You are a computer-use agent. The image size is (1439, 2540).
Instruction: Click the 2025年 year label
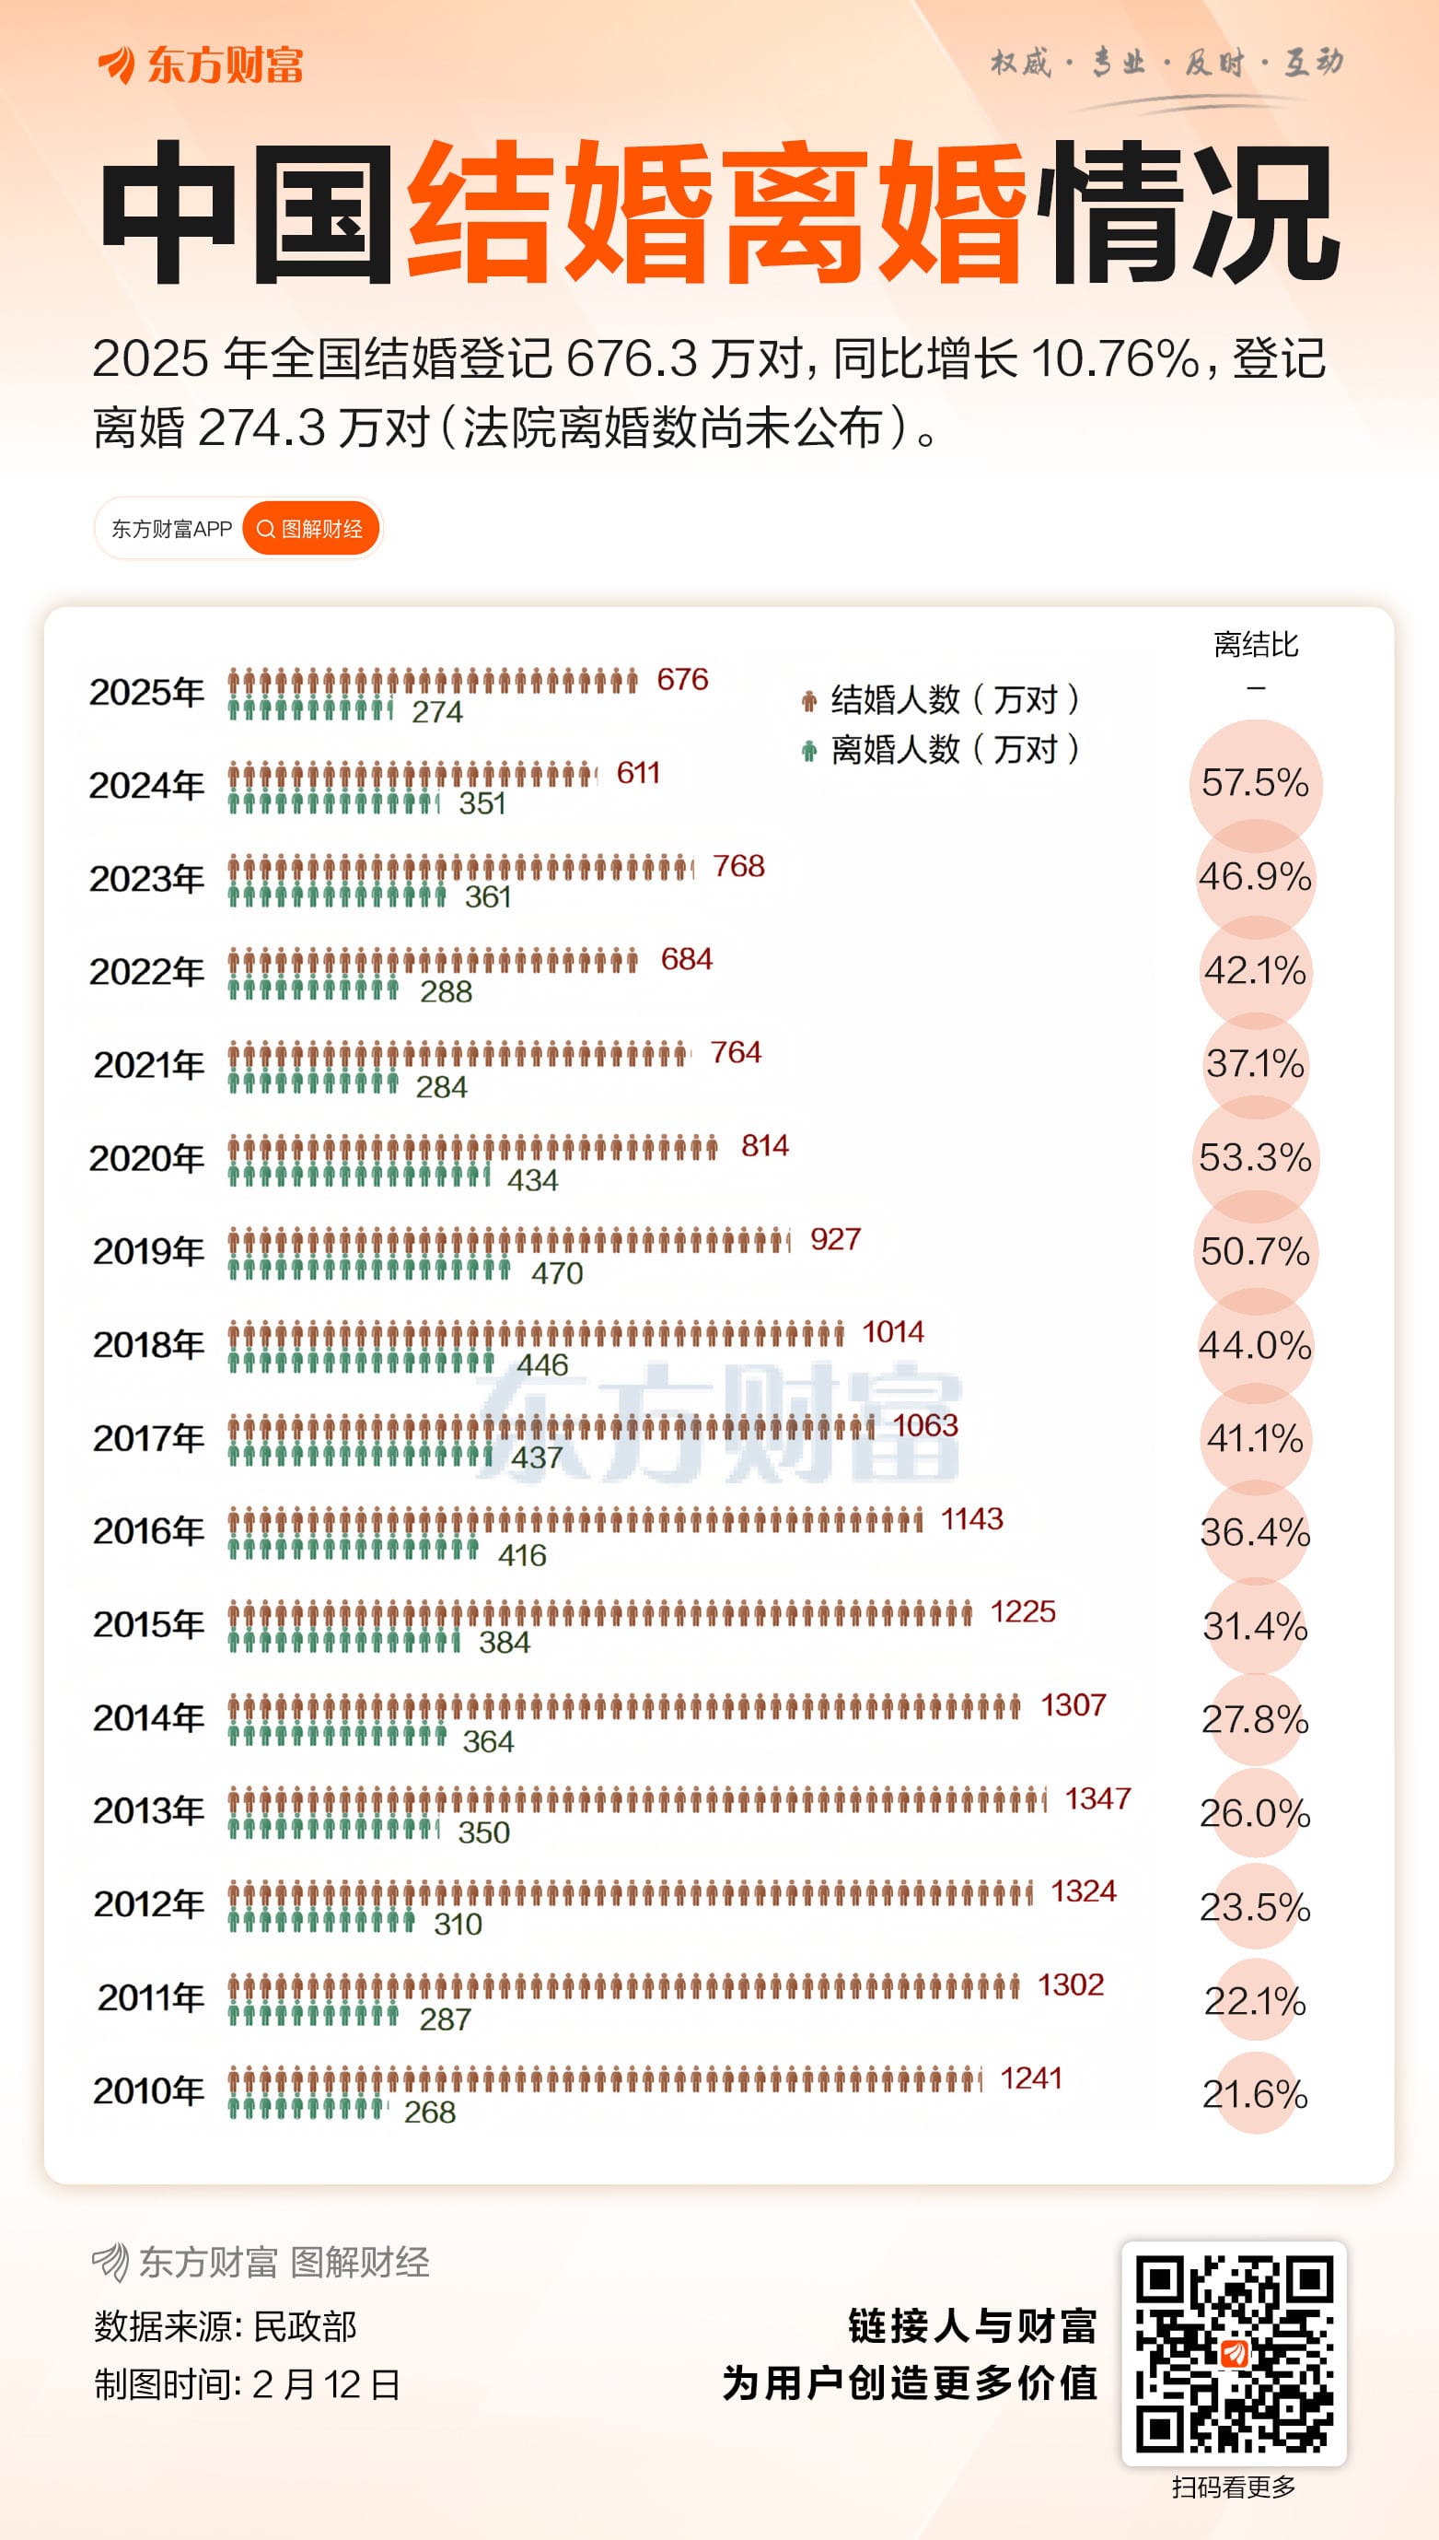146,692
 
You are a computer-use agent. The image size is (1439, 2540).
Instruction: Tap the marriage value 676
682,679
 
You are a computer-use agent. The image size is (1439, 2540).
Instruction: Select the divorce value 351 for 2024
482,802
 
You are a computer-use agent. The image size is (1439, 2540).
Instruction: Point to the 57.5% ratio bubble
1255,783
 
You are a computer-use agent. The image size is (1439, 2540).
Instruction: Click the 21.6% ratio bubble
1255,2094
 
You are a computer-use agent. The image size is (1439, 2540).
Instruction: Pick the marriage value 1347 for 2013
1097,1798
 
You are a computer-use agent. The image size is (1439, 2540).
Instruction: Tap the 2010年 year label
148,2091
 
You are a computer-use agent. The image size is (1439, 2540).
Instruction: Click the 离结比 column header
1255,646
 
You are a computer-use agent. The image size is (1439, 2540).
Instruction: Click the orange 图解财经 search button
310,529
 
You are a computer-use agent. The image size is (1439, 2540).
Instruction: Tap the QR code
1234,2353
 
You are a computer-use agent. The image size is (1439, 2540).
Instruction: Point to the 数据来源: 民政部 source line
226,2326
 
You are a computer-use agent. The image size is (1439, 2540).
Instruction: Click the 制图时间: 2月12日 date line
247,2385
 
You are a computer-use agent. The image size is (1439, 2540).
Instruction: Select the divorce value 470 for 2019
556,1272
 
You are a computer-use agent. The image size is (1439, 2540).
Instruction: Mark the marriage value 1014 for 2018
892,1332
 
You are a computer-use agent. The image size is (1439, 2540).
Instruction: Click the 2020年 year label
146,1158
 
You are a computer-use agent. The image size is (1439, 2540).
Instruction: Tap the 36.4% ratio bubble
1255,1532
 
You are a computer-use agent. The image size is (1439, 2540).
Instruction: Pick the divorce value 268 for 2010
430,2112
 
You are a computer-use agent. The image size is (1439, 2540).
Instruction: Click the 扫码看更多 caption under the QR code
1234,2486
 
